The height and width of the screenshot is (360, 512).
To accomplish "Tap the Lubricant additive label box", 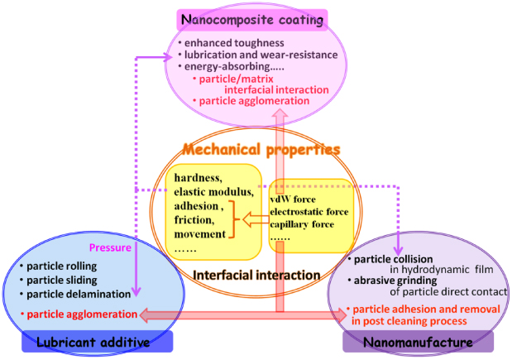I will (98, 341).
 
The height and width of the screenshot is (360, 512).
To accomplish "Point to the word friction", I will (194, 219).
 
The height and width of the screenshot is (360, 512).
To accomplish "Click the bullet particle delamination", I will (79, 294).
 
